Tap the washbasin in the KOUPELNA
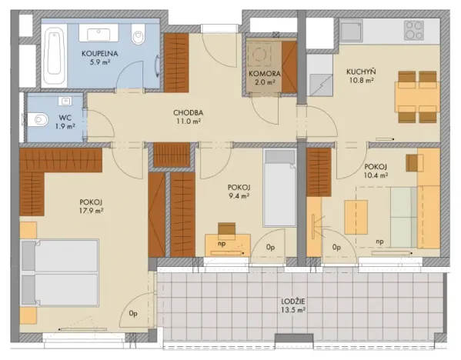click(100, 34)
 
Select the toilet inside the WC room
click(37, 119)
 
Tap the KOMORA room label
click(264, 74)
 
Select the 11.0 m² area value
click(187, 122)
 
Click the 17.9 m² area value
click(91, 212)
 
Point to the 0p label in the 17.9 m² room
click(133, 313)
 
